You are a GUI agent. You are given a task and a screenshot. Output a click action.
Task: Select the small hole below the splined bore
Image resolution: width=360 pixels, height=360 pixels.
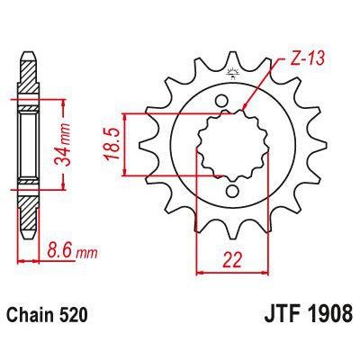[231, 190]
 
